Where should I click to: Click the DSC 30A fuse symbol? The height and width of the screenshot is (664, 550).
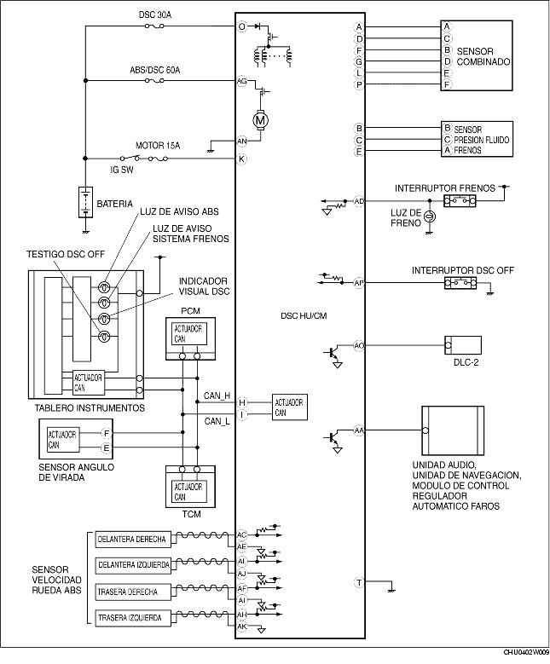[154, 26]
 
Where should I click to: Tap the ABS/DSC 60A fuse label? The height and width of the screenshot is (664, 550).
[154, 70]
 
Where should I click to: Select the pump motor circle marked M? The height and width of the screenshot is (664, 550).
[260, 121]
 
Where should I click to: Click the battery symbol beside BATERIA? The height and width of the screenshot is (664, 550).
[85, 202]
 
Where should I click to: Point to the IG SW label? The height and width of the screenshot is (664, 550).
[122, 170]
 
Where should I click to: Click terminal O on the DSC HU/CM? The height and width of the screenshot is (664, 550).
[241, 26]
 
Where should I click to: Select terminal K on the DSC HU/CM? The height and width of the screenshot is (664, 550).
[241, 159]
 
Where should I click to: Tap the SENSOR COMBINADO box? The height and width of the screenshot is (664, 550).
[477, 55]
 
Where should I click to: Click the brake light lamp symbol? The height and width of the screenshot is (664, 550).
[429, 217]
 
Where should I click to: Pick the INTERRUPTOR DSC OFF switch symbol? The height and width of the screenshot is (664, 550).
[460, 283]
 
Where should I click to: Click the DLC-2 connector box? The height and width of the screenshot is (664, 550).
[463, 345]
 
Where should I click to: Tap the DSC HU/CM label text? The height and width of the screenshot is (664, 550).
[304, 316]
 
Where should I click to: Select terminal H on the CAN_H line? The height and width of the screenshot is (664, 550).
[242, 402]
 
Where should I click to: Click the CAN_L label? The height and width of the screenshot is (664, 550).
[217, 421]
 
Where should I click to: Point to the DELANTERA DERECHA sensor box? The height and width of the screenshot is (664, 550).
[133, 540]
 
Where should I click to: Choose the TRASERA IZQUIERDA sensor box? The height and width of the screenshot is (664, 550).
[133, 618]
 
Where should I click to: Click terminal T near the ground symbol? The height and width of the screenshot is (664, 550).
[359, 583]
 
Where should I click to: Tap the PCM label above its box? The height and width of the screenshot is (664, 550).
[190, 311]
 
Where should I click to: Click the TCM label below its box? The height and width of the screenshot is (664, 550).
[192, 514]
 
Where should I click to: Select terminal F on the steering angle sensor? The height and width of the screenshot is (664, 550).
[107, 433]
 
